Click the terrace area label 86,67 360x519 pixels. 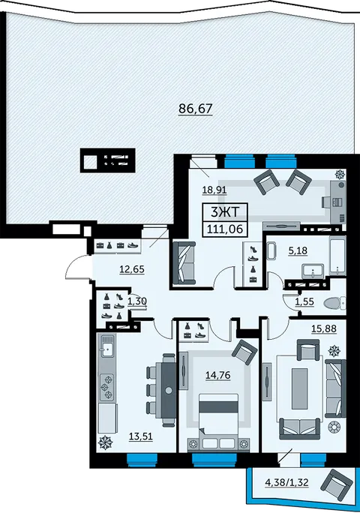point(195,108)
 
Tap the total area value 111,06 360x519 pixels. point(225,229)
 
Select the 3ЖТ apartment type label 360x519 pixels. point(225,211)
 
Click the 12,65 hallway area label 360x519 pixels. point(132,269)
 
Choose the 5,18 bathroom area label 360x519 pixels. point(298,250)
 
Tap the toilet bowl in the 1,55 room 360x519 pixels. point(334,302)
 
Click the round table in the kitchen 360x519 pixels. point(169,390)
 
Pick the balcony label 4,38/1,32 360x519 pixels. point(286,482)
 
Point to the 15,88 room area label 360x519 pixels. point(324,328)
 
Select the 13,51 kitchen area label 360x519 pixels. point(141,436)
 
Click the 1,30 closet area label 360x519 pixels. point(137,301)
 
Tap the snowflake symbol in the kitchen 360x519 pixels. point(106,442)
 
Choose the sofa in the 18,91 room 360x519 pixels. point(184,262)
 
